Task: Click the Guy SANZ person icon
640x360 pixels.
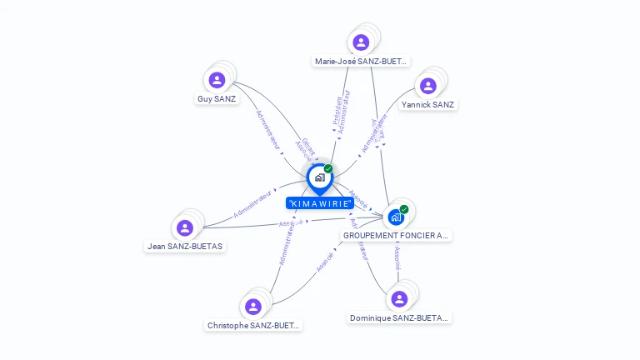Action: click(217, 80)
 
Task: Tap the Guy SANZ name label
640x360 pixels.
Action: click(217, 98)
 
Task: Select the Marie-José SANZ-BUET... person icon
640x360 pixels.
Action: click(361, 42)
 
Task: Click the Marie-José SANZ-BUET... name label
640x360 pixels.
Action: click(361, 61)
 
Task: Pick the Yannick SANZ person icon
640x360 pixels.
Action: click(428, 86)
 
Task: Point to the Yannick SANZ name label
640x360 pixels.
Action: click(427, 104)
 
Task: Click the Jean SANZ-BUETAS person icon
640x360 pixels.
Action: click(185, 227)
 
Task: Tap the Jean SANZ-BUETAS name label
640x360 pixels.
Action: click(185, 246)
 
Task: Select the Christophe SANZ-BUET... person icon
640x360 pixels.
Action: click(253, 307)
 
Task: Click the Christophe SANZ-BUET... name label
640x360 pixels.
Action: click(253, 325)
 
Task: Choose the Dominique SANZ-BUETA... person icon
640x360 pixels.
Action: click(399, 299)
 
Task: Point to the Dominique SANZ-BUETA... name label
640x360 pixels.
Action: click(399, 317)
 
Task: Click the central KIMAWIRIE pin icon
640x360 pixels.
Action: click(319, 177)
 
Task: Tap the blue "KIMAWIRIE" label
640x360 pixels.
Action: click(319, 203)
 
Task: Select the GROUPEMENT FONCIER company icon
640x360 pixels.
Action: click(396, 217)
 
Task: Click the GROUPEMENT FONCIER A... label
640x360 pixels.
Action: click(396, 236)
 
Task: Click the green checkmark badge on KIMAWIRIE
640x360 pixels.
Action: click(328, 169)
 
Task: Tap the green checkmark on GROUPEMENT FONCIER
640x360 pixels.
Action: click(404, 209)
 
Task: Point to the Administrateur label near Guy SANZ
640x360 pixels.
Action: click(267, 130)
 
